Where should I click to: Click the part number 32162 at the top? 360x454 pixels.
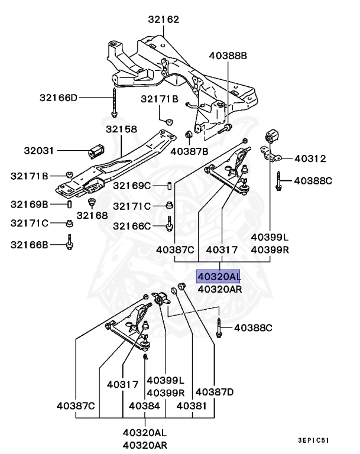click(x=163, y=20)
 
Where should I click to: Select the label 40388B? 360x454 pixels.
click(x=228, y=56)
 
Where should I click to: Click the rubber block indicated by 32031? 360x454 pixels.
click(x=96, y=151)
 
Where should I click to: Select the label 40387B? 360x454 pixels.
click(x=189, y=151)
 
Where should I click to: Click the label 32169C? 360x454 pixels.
click(x=133, y=186)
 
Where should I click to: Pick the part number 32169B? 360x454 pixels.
click(x=29, y=205)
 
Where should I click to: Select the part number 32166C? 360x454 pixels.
click(x=133, y=226)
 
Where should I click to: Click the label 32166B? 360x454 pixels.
click(x=29, y=243)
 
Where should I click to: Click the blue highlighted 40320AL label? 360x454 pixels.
click(x=219, y=276)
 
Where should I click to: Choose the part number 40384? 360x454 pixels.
click(x=144, y=406)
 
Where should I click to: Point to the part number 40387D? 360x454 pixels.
click(x=215, y=391)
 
